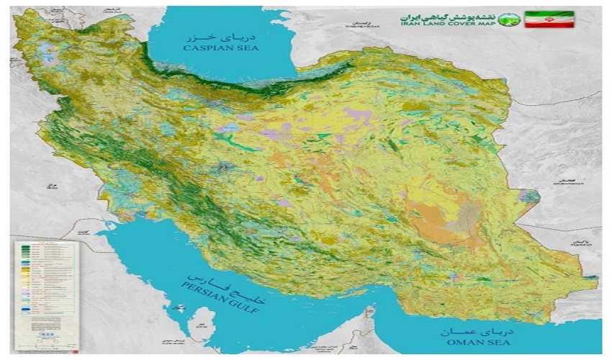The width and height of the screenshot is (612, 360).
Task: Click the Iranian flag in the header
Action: (549, 19)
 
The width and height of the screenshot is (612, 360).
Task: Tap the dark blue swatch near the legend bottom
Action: (25, 312)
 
